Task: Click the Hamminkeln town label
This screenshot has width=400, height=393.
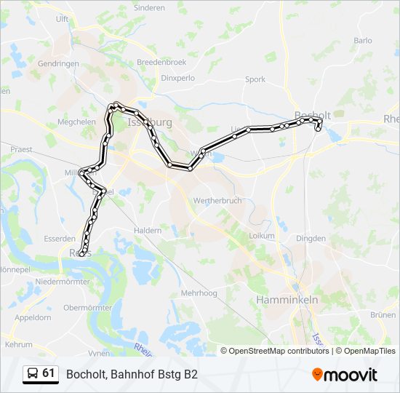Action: [x=287, y=299]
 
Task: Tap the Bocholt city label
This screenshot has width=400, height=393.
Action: [x=313, y=116]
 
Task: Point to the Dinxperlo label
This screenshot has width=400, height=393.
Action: [x=179, y=77]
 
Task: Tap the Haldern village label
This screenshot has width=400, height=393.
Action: [x=147, y=230]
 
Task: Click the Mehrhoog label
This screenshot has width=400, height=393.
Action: [x=199, y=293]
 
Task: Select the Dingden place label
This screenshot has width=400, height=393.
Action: [x=311, y=237]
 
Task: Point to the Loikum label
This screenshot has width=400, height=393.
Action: [x=261, y=235]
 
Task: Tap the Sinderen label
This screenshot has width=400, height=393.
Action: [x=149, y=7]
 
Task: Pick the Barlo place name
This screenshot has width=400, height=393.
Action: [x=363, y=41]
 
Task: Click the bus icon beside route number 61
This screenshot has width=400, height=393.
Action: [x=33, y=374]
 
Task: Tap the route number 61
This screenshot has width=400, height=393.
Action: [x=49, y=373]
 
